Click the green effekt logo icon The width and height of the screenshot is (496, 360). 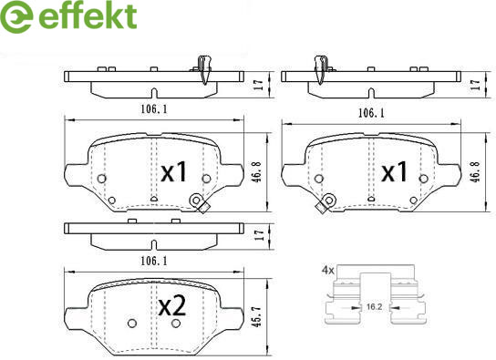16,16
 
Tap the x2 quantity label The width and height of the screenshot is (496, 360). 171,306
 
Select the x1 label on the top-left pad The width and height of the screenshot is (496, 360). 174,172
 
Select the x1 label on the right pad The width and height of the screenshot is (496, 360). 394,172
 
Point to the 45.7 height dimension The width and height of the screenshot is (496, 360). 259,316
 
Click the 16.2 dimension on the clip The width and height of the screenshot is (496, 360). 374,306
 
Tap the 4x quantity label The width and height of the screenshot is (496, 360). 328,271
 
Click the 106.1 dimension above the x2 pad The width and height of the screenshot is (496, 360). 154,261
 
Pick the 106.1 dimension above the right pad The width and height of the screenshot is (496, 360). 371,113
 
